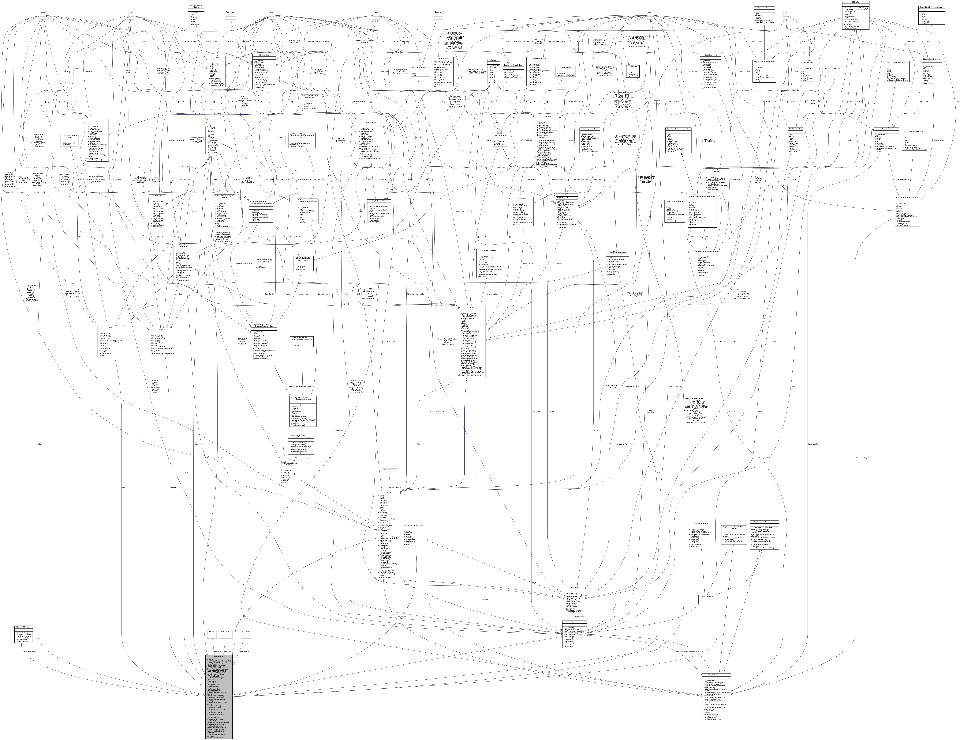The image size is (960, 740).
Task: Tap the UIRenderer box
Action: point(246,631)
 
